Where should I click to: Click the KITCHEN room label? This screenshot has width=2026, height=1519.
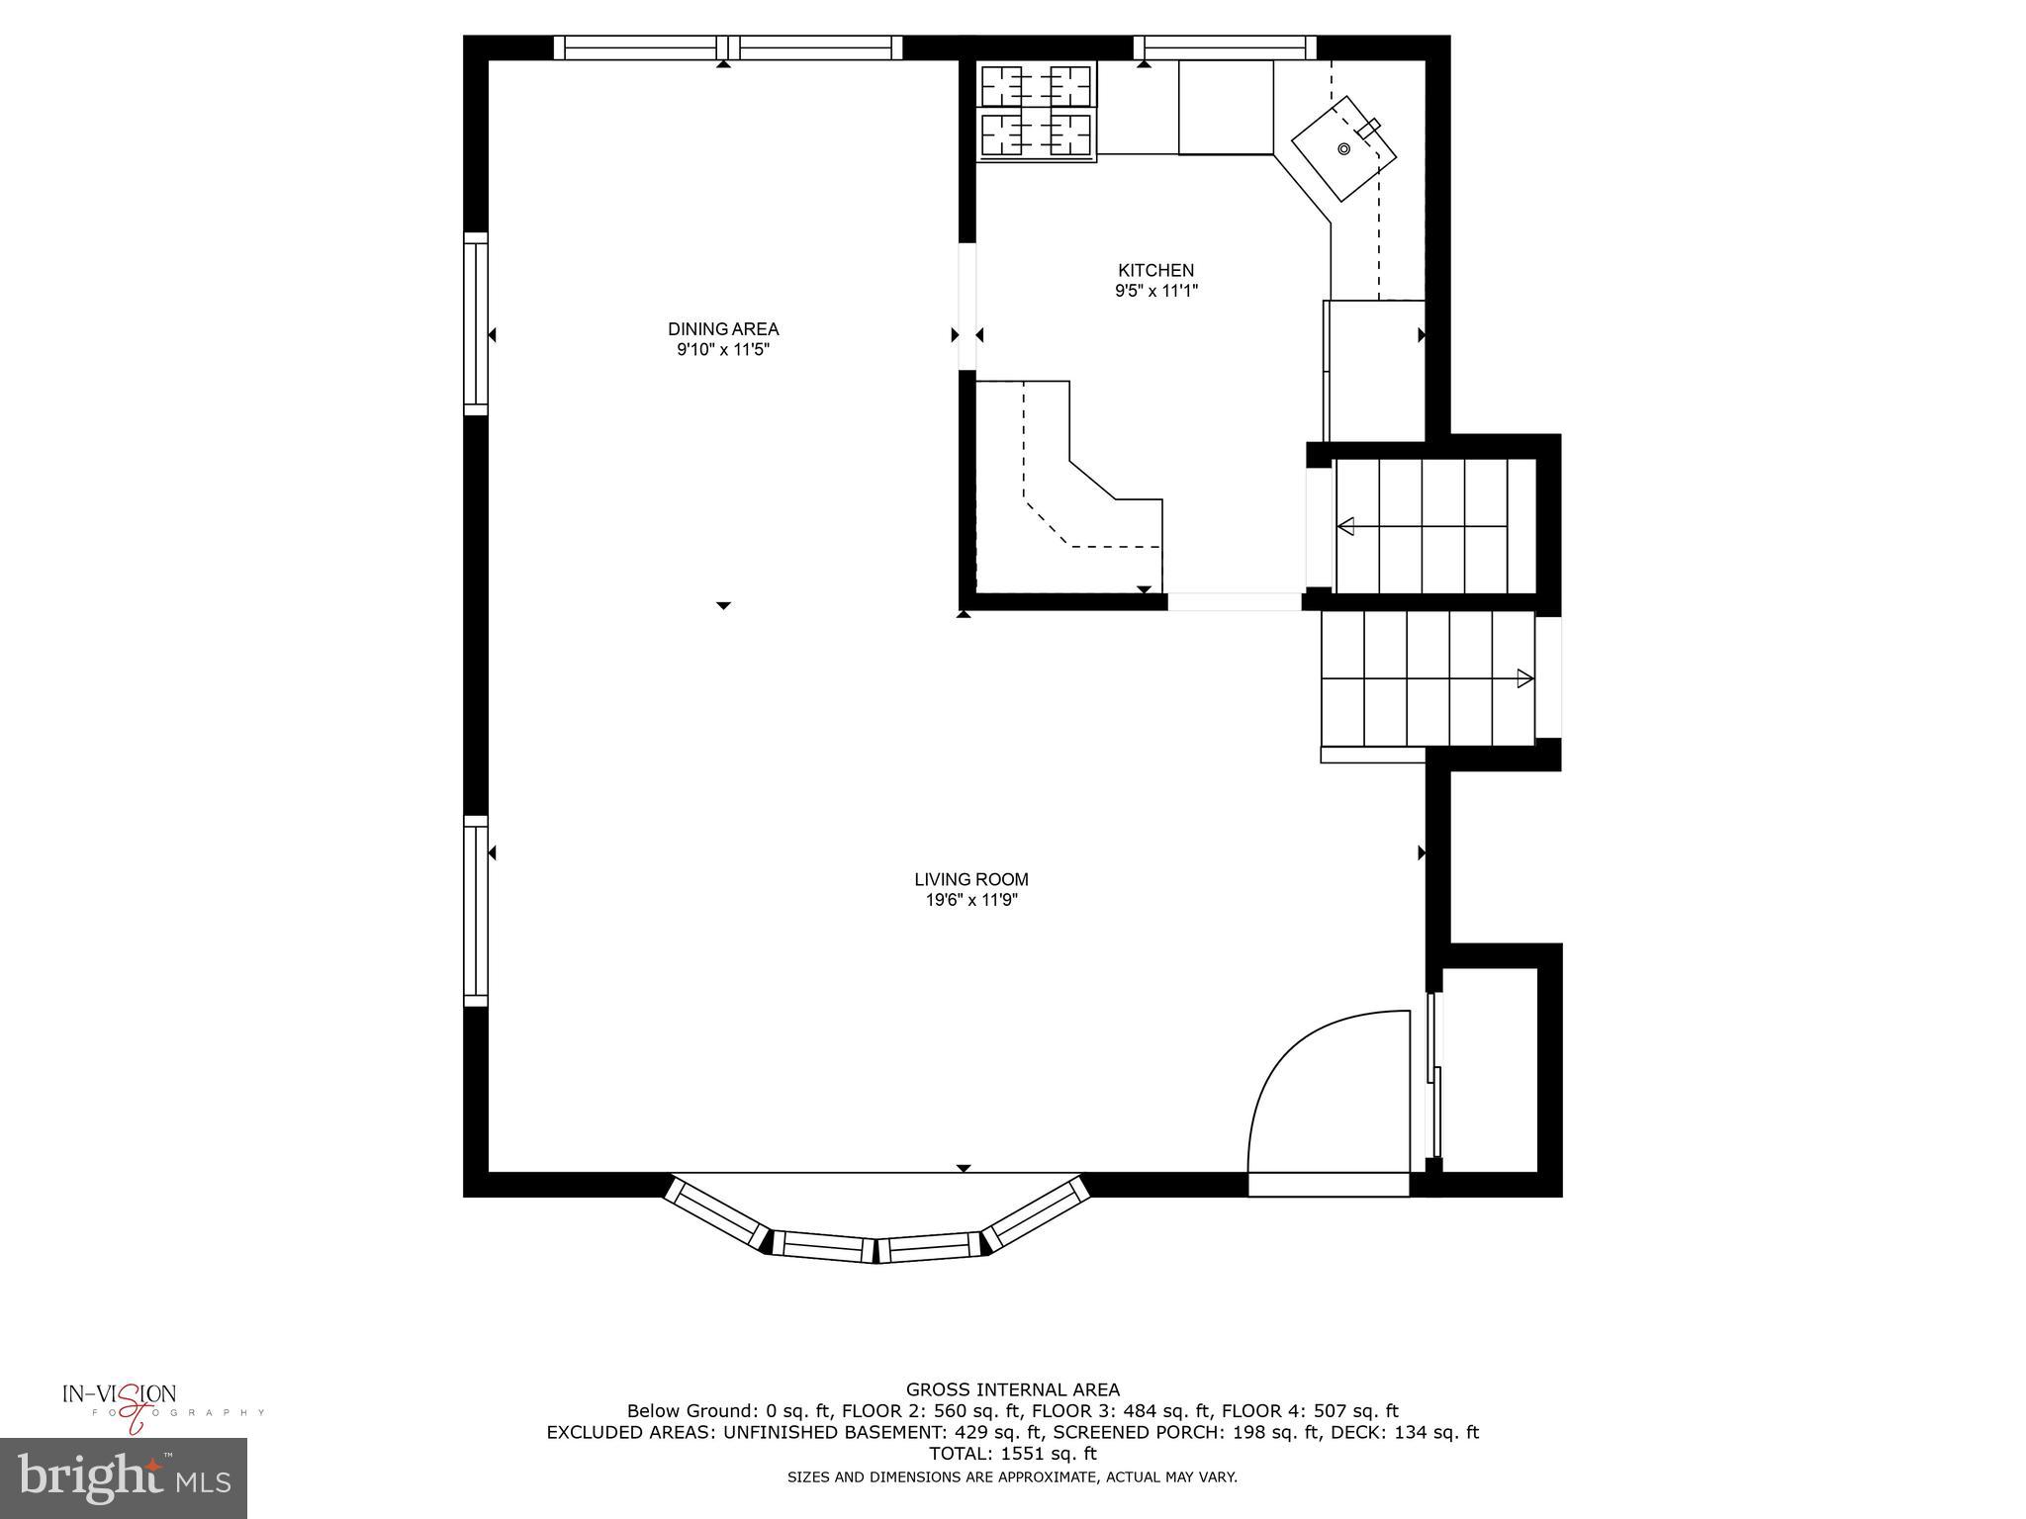click(1155, 270)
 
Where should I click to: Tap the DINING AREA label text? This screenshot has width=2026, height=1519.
click(723, 329)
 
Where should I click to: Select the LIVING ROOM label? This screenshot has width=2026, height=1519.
click(970, 879)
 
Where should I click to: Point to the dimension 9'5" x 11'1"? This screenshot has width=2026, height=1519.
click(1155, 291)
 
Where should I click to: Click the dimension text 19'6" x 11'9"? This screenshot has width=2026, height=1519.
click(970, 900)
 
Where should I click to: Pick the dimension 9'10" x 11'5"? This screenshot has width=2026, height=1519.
click(723, 350)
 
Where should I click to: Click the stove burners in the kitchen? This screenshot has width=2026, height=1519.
click(1037, 111)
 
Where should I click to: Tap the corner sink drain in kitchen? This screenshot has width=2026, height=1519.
click(1343, 149)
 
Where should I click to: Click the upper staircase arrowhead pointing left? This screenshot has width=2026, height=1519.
click(1345, 526)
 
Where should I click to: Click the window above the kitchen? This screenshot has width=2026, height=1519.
click(1225, 46)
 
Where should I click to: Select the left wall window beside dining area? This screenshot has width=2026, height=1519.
click(476, 323)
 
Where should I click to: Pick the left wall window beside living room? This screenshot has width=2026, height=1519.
click(476, 911)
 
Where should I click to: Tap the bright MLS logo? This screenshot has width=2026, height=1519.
click(124, 1477)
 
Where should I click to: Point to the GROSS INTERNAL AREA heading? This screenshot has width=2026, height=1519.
click(1012, 1389)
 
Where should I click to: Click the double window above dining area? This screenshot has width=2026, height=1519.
click(728, 46)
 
